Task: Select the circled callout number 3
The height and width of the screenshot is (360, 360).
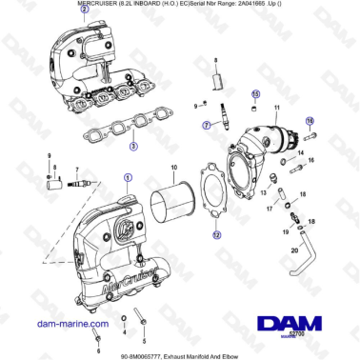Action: click(133, 147)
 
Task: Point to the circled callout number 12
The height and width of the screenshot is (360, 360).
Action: click(216, 234)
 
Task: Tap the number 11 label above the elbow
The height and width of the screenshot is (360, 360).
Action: click(277, 108)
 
